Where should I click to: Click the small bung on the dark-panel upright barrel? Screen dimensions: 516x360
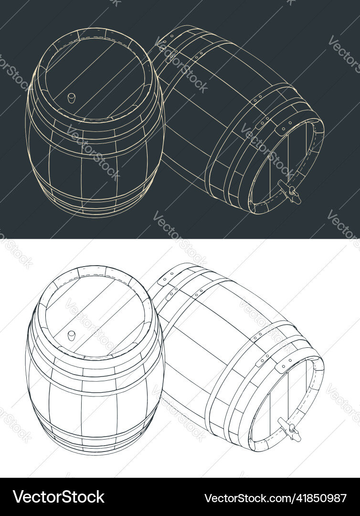(x=71, y=98)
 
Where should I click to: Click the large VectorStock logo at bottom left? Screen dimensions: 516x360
(x=58, y=497)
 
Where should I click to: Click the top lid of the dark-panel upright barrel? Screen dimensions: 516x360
(x=95, y=76)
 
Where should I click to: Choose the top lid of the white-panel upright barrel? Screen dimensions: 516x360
(x=95, y=313)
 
